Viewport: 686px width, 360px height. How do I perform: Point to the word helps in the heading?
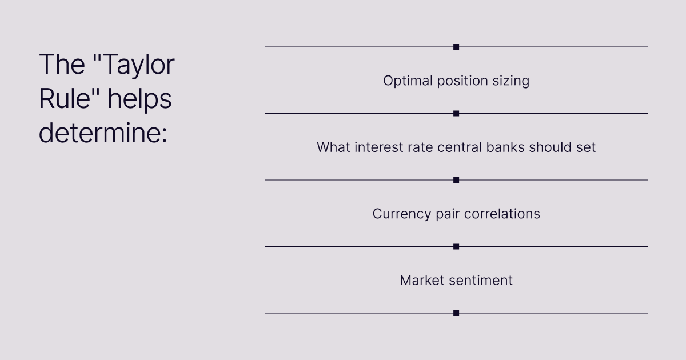pos(139,100)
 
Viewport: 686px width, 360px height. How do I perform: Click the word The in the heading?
pos(62,64)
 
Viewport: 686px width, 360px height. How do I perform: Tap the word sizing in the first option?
pos(511,81)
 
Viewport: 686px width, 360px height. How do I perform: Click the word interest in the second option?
pos(378,147)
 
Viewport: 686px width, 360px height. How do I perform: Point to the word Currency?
pos(402,214)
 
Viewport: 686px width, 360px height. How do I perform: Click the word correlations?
pos(502,214)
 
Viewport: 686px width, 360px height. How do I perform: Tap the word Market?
pos(422,281)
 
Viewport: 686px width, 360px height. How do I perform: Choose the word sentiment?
pos(481,281)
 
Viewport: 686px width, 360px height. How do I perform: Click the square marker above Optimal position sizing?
pos(456,47)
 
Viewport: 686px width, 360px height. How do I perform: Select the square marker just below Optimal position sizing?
pos(456,114)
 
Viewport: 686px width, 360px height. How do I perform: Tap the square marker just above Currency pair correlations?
pos(456,180)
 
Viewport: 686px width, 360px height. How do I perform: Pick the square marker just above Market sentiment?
pos(456,247)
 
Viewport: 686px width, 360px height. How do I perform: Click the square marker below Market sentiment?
pos(456,313)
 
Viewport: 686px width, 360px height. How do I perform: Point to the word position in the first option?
pos(462,81)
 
